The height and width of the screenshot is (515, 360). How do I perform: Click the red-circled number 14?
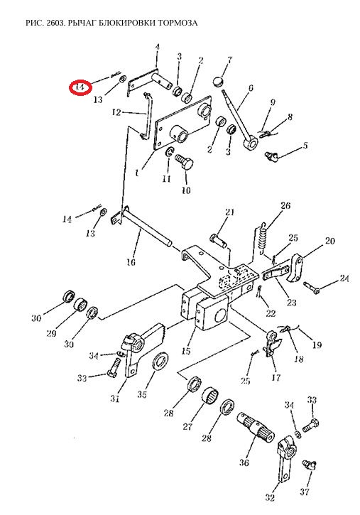coord(80,87)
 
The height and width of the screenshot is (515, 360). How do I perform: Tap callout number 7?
coord(229,60)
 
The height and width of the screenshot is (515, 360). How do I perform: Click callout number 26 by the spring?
coord(285,205)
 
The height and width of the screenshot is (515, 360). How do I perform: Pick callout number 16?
coord(131,262)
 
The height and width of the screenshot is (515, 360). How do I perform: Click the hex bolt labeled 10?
coord(185,162)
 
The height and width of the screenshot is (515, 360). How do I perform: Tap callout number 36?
coord(244,462)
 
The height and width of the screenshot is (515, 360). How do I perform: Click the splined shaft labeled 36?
coord(255,427)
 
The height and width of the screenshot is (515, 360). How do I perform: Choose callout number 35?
coord(142,394)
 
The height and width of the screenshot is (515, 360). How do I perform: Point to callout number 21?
coord(230,212)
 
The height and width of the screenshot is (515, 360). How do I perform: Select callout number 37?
coord(305,492)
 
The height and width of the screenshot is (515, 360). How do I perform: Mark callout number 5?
coord(305,145)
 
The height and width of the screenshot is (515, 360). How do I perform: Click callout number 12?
coord(116,112)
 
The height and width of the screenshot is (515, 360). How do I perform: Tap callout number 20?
coord(329,241)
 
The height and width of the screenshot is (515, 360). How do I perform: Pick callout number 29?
coord(51,334)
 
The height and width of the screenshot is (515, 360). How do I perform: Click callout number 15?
coord(186,351)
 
